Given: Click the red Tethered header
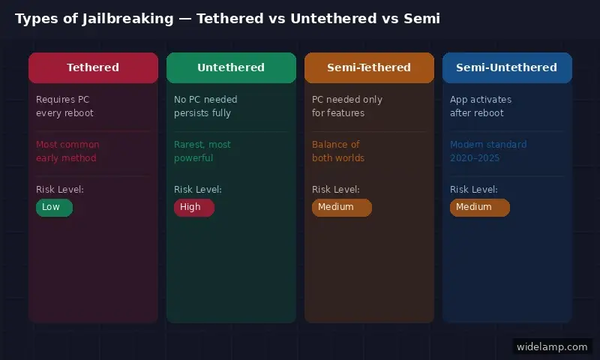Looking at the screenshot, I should coord(93,67).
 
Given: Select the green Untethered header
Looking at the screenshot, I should coord(231,67).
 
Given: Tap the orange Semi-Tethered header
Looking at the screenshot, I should coord(369,67).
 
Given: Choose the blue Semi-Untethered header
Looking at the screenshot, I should coord(507,67).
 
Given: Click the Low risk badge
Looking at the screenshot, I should coord(54,207).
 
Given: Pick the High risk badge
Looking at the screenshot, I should coord(193,207).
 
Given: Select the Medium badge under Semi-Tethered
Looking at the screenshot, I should coord(341,207).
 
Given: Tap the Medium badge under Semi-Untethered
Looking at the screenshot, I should coord(479,207).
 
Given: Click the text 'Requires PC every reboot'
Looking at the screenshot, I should coord(65,106).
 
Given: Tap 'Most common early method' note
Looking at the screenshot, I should coord(67,151).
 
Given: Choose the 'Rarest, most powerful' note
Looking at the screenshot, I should coord(202,151).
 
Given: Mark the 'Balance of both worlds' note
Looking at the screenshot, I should coord(338,151).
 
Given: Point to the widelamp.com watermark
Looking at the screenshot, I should coord(552,346).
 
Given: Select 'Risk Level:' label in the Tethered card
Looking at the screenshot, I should coord(60,190).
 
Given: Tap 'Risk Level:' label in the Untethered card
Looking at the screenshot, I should coord(198,190).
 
